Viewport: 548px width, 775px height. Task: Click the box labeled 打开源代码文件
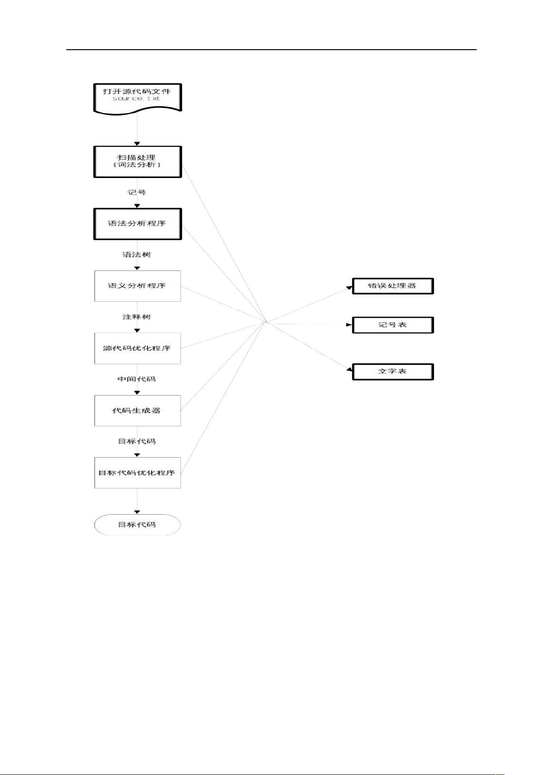click(137, 99)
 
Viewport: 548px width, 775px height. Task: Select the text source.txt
click(137, 98)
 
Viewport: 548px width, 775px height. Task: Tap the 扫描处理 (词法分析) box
click(137, 162)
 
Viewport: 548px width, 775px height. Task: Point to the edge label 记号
click(137, 192)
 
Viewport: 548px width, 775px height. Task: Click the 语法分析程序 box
click(137, 224)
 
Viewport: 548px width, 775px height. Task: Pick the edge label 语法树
click(137, 255)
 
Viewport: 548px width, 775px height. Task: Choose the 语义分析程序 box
click(137, 286)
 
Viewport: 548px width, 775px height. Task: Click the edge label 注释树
click(137, 317)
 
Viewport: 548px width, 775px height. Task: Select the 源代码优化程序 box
click(137, 348)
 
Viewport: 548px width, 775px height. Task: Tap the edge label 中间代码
click(137, 379)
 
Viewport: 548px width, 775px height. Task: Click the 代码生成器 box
click(137, 411)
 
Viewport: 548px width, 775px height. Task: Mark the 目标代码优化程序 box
click(137, 473)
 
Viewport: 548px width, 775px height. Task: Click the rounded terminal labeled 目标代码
click(137, 525)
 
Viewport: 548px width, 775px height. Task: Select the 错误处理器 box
click(393, 286)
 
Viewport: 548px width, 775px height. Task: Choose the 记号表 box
click(393, 325)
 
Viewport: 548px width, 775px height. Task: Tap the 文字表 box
click(393, 372)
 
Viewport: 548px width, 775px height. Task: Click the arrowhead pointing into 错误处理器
click(349, 287)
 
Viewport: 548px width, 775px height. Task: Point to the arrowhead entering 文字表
click(349, 370)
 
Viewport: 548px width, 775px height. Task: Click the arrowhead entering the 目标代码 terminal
click(137, 512)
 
